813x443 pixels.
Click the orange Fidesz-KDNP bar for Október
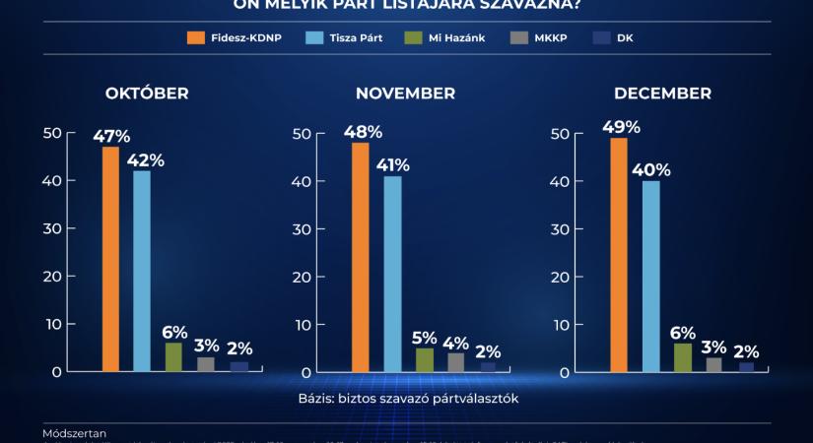[x=110, y=259]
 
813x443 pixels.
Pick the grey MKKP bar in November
[x=455, y=362]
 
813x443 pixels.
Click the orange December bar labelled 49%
[x=619, y=255]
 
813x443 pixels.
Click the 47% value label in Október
[x=112, y=135]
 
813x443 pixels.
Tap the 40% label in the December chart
[x=650, y=169]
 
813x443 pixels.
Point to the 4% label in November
[x=456, y=343]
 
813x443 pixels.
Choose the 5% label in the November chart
[x=425, y=338]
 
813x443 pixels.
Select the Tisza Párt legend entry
[x=344, y=37]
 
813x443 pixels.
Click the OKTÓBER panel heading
[x=148, y=94]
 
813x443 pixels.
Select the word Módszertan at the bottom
[x=75, y=432]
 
